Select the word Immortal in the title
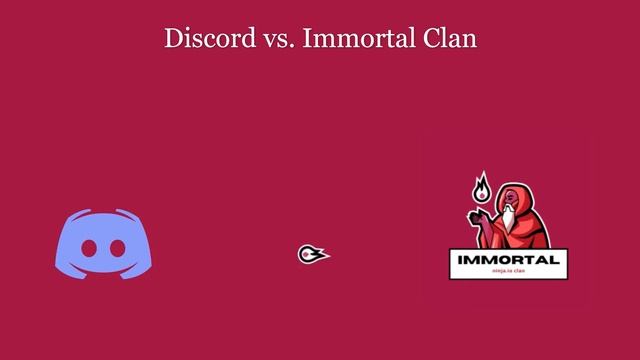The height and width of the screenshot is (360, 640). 345,39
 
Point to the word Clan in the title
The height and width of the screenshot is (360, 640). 450,39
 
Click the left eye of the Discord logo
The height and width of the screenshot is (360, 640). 89,247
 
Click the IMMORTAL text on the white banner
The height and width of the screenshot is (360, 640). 507,261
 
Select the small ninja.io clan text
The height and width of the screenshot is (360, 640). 508,272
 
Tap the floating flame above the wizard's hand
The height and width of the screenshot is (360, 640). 482,187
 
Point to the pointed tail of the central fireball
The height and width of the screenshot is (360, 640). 326,253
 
